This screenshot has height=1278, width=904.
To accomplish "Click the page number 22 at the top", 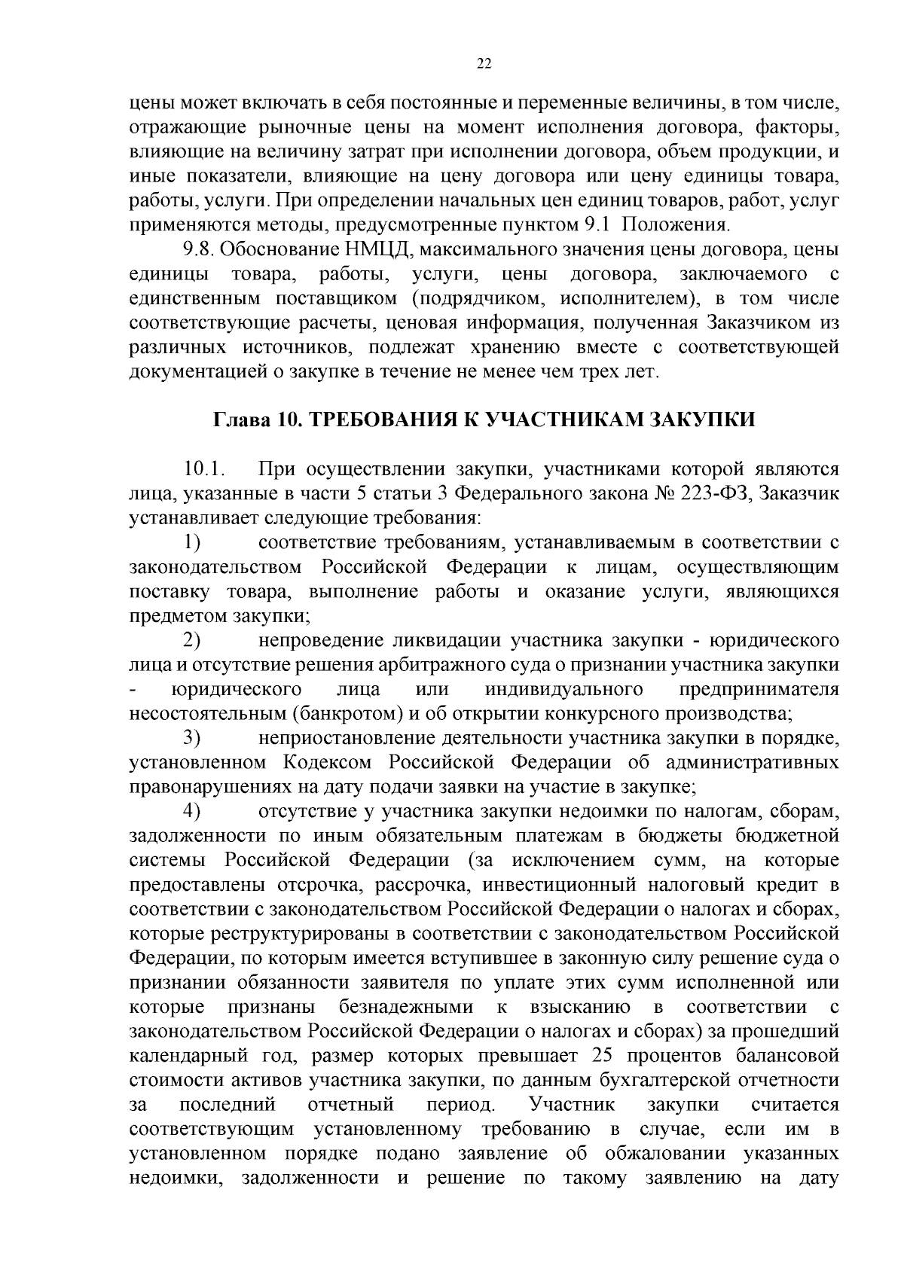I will tap(484, 64).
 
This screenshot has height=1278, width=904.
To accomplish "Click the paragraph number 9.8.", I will tap(199, 249).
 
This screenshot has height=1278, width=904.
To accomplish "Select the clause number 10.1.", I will tap(204, 470).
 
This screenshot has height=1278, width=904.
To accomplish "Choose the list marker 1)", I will tap(192, 542).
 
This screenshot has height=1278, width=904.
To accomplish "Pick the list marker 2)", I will tap(192, 640).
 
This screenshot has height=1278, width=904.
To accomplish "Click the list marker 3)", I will tap(192, 738).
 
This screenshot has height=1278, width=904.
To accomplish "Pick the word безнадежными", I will tap(406, 1007).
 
